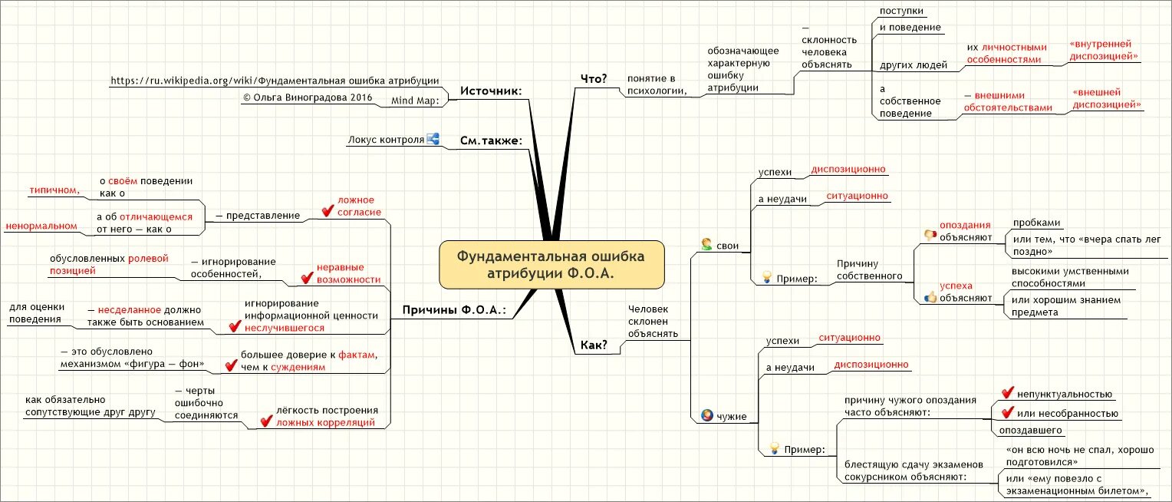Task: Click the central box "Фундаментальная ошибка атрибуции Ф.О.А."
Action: (551, 265)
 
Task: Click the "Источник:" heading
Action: (491, 91)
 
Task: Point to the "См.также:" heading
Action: (491, 140)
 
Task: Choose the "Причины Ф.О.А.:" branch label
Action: (454, 310)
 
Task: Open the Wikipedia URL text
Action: (274, 80)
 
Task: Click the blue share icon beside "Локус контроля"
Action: (433, 139)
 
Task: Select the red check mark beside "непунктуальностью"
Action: (1007, 393)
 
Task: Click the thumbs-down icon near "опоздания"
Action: (930, 235)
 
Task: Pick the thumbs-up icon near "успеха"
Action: (930, 296)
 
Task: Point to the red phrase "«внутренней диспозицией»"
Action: (1103, 51)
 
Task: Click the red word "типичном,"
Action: (55, 189)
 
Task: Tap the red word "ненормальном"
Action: (41, 226)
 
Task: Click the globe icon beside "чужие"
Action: (706, 416)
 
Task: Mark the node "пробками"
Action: (1036, 223)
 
